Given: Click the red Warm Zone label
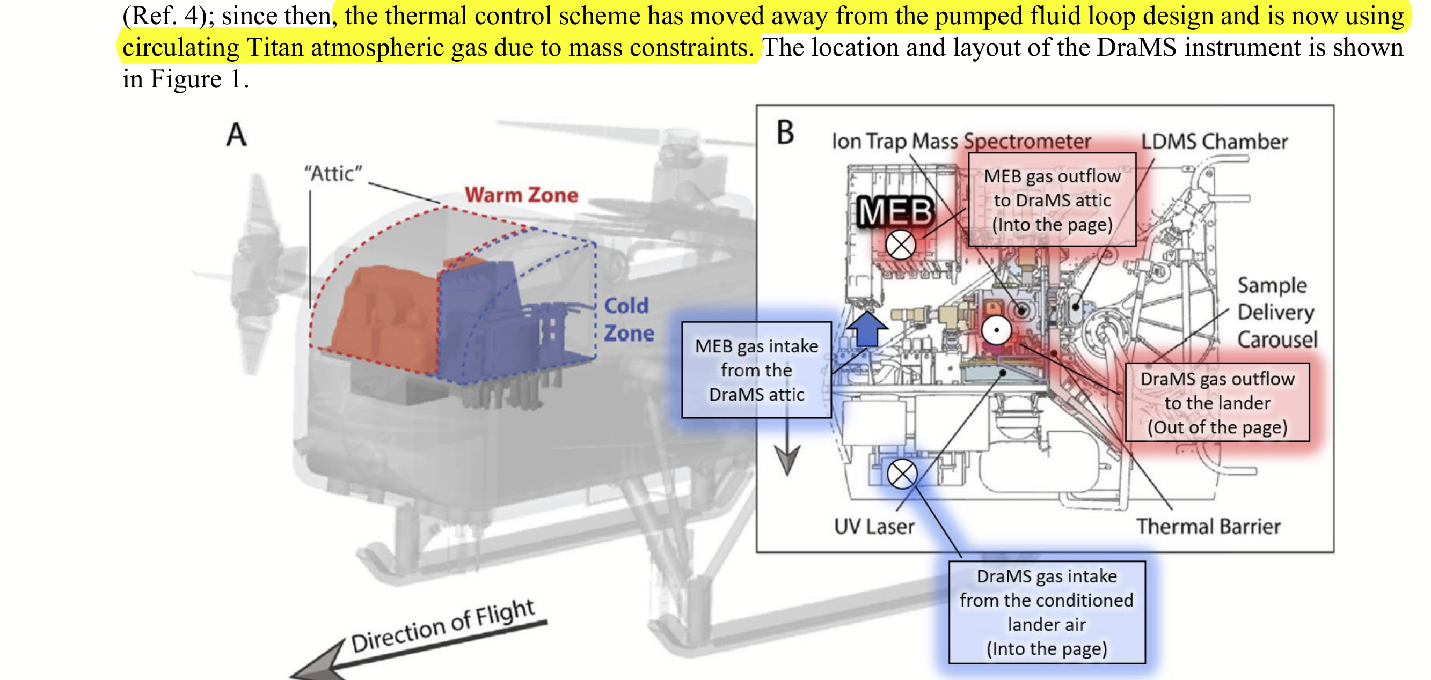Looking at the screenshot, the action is pyautogui.click(x=521, y=195).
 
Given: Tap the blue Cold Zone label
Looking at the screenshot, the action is pyautogui.click(x=629, y=319).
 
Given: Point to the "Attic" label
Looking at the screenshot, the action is pyautogui.click(x=333, y=173).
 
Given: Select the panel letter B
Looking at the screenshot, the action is pyautogui.click(x=785, y=132).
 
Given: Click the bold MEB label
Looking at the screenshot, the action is pyautogui.click(x=895, y=211).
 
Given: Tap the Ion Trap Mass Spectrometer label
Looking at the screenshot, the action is pyautogui.click(x=961, y=142).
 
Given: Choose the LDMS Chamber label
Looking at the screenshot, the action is pyautogui.click(x=1214, y=142).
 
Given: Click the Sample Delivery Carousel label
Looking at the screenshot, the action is pyautogui.click(x=1277, y=312).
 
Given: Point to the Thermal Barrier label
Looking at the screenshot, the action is pyautogui.click(x=1208, y=526).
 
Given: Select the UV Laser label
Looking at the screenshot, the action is pyautogui.click(x=874, y=526).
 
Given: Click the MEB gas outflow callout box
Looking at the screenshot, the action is pyautogui.click(x=1052, y=200).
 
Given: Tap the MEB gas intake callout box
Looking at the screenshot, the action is pyautogui.click(x=757, y=369).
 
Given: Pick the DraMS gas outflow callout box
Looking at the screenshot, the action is pyautogui.click(x=1217, y=402).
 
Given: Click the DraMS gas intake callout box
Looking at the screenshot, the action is pyautogui.click(x=1047, y=612).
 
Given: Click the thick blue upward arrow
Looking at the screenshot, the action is pyautogui.click(x=867, y=329).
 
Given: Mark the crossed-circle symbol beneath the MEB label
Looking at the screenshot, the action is pyautogui.click(x=901, y=244).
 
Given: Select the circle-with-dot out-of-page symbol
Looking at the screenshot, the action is pyautogui.click(x=997, y=330).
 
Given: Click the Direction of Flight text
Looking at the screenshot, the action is pyautogui.click(x=443, y=626).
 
